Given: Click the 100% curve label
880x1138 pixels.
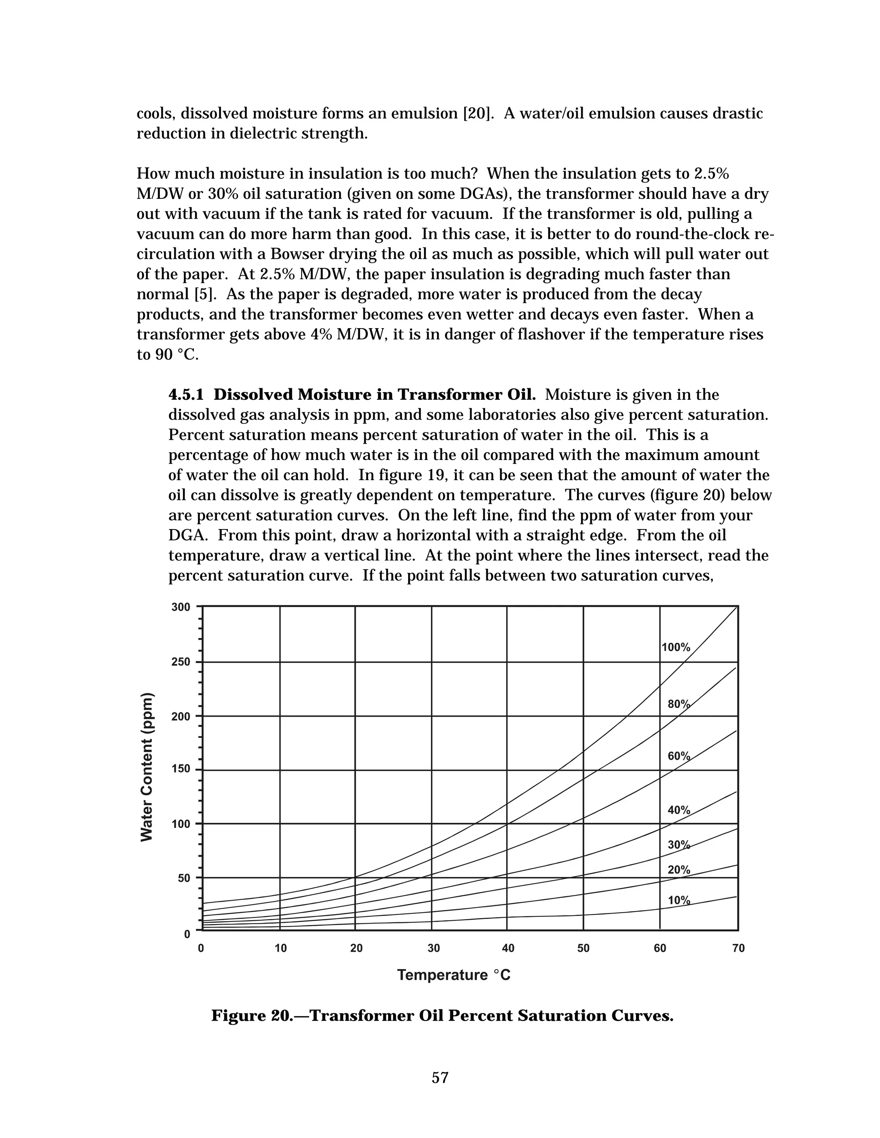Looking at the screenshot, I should pyautogui.click(x=675, y=648).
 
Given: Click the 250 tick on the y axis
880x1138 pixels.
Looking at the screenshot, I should pyautogui.click(x=181, y=662).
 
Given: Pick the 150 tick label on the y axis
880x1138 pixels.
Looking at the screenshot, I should pyautogui.click(x=181, y=770).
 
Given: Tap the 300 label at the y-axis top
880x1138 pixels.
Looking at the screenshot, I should pyautogui.click(x=181, y=607).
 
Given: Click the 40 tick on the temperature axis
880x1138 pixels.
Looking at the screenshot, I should pyautogui.click(x=508, y=948).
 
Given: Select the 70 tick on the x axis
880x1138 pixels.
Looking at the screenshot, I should pyautogui.click(x=738, y=948).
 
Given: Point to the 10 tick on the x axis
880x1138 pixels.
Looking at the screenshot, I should pyautogui.click(x=281, y=948).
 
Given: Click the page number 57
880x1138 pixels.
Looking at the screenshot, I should pyautogui.click(x=440, y=1078).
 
